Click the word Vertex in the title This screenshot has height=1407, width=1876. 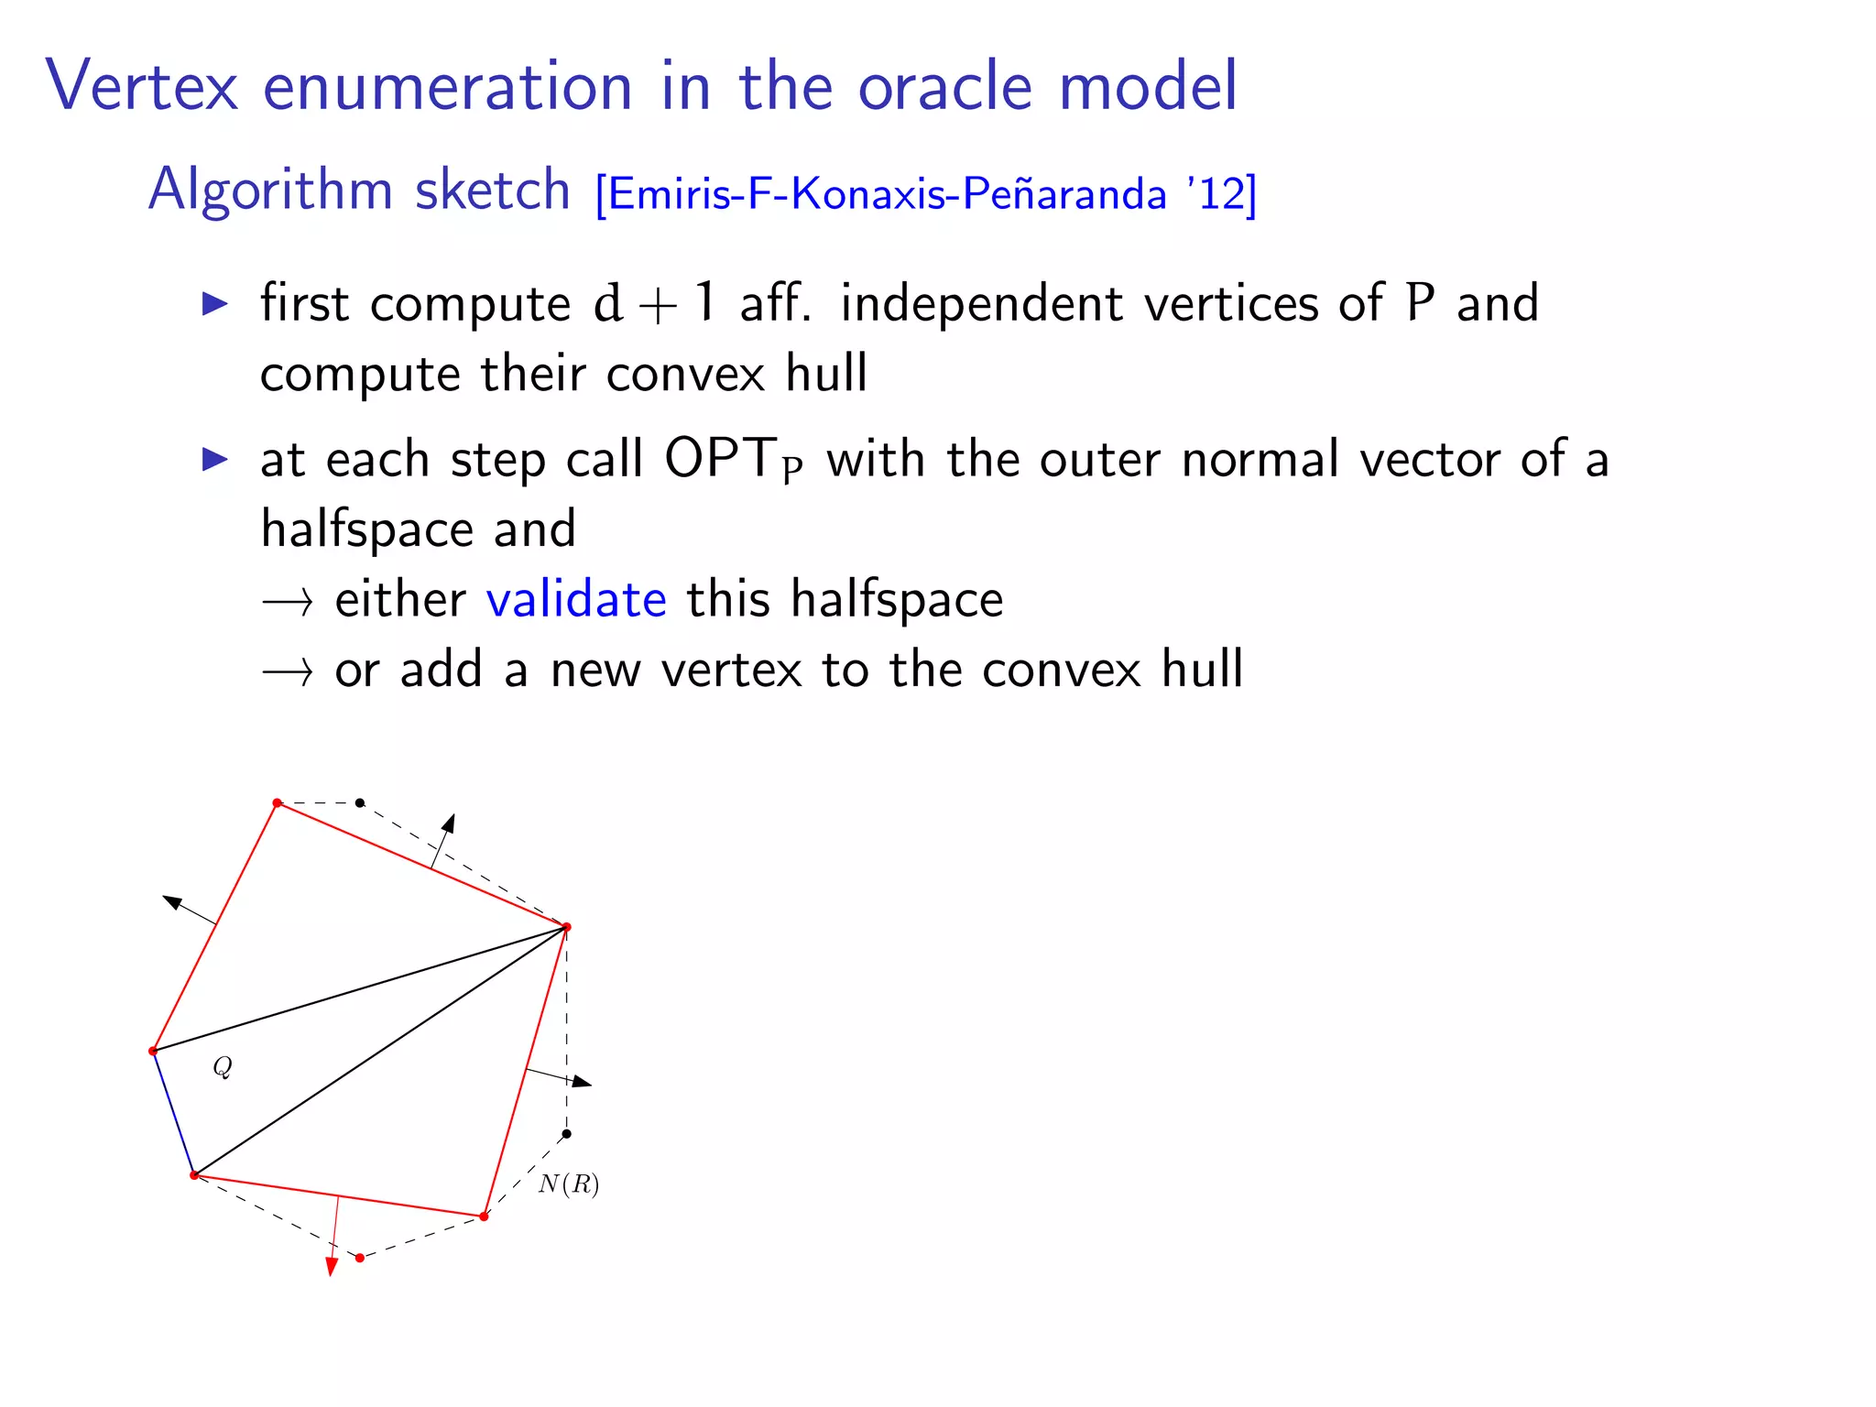pos(142,86)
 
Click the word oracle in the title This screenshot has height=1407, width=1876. pos(946,86)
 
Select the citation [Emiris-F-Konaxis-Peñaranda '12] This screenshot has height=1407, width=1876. pos(925,193)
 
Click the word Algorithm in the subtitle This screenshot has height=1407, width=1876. pos(269,191)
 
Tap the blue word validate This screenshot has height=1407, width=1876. pos(576,600)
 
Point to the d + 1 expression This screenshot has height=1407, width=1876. pos(654,304)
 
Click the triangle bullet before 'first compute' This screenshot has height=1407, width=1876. pos(214,304)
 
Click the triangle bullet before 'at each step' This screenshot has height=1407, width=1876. pos(214,459)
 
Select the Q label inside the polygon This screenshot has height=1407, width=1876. pos(223,1066)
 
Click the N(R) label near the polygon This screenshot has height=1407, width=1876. pos(568,1184)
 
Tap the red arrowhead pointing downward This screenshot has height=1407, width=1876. pos(332,1267)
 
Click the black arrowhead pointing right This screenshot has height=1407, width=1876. pos(582,1083)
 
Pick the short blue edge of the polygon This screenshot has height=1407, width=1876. pos(174,1114)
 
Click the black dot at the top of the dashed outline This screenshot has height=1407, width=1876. pos(360,802)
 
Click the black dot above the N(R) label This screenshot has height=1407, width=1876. pos(566,1134)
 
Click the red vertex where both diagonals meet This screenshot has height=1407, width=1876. pos(566,927)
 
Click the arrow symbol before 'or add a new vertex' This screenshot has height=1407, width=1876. pos(288,672)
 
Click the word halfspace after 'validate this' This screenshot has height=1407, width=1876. pos(897,600)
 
